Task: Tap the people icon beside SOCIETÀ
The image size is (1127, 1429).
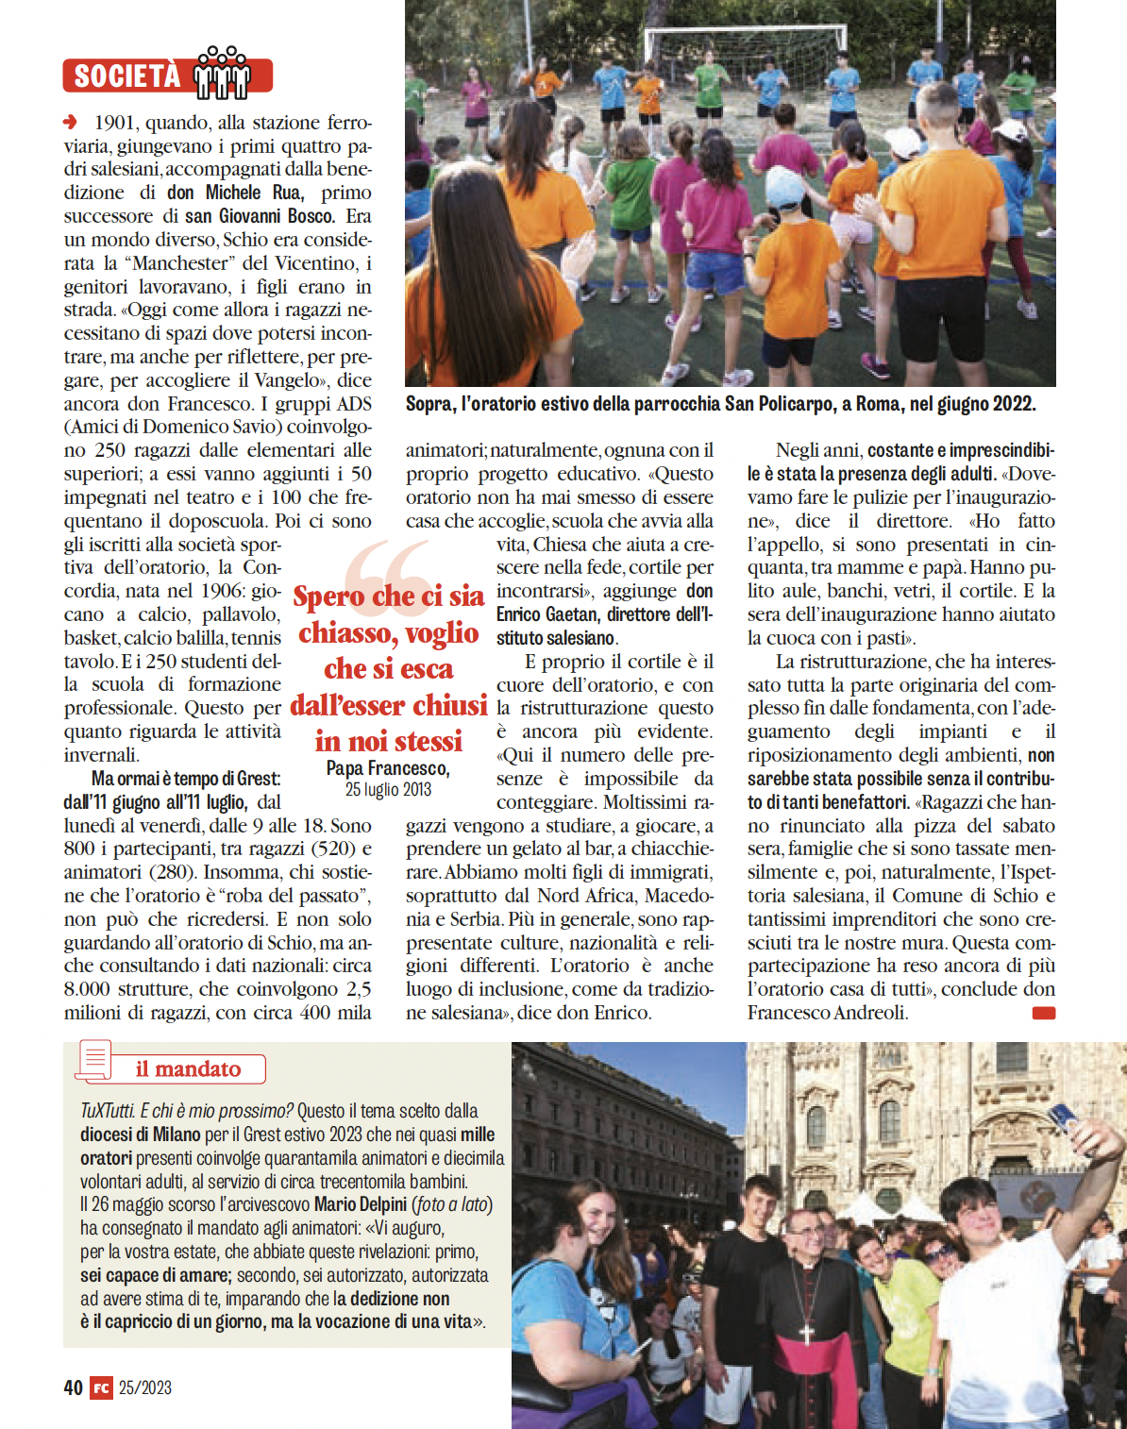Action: click(223, 72)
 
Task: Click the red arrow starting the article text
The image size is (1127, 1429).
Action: click(71, 122)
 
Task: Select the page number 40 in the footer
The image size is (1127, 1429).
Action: click(74, 1387)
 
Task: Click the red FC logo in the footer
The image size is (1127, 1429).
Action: click(101, 1387)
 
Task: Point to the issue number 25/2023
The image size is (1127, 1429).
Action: click(145, 1387)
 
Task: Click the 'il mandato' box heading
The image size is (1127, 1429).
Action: click(188, 1068)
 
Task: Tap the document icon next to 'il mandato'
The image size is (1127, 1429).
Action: click(94, 1060)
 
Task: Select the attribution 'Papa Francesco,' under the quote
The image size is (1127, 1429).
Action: click(388, 768)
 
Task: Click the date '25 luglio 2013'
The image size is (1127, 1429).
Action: click(388, 790)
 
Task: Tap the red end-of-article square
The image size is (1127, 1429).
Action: click(1044, 1013)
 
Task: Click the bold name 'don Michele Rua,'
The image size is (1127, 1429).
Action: click(235, 193)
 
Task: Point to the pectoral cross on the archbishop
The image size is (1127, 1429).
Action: click(806, 1332)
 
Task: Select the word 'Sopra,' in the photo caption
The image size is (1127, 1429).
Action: click(429, 404)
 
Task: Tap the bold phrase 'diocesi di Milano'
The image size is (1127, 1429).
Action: click(141, 1135)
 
